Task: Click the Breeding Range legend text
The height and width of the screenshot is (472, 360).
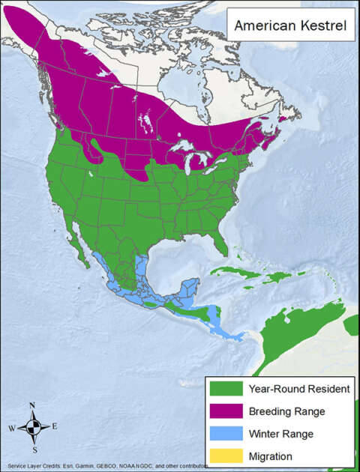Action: click(284, 411)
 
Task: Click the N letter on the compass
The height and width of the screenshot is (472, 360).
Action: click(32, 406)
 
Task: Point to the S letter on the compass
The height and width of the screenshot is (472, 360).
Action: click(33, 450)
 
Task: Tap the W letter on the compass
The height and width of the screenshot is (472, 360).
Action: click(12, 429)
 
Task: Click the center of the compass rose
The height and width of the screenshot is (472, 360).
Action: click(33, 428)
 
